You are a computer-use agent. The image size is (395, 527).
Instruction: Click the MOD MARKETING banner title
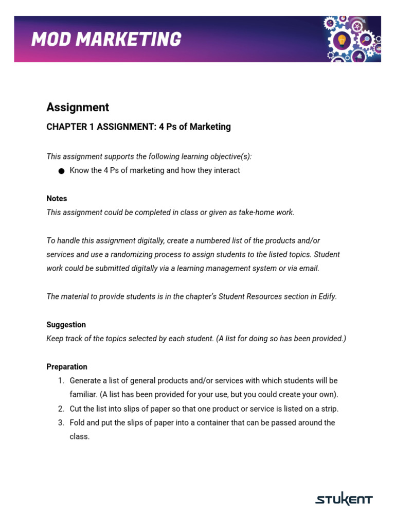coord(106,39)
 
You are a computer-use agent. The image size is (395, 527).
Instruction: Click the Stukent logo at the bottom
coord(344,499)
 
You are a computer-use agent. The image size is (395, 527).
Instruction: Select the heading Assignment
coord(78,107)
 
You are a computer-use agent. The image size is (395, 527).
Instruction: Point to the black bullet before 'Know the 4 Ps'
coord(61,171)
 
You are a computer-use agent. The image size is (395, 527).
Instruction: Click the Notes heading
coord(57,199)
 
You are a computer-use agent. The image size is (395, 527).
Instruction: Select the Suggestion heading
coord(66,325)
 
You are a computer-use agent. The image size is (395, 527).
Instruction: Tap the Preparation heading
coord(67,367)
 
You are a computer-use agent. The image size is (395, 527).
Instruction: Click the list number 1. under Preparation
coord(61,381)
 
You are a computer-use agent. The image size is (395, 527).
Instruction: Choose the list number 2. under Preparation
coord(61,409)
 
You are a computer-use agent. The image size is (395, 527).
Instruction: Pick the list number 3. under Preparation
coord(61,423)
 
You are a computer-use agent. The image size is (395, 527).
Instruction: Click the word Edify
coord(326,296)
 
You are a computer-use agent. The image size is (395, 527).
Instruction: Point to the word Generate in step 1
coord(85,381)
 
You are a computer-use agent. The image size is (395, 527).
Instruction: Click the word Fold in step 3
coord(78,423)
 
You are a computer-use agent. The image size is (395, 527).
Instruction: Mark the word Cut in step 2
coord(76,409)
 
